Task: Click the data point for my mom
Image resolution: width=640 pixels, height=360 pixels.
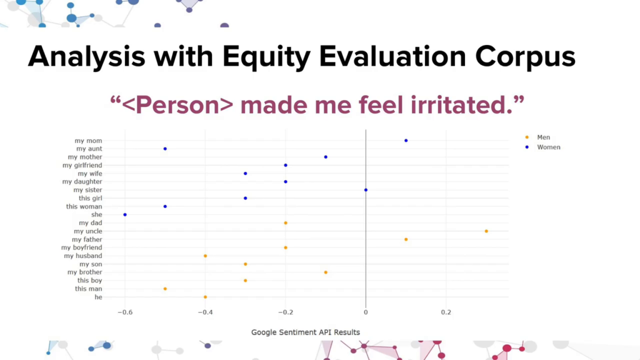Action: (x=406, y=141)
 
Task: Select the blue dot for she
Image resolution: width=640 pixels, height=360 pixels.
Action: (x=125, y=215)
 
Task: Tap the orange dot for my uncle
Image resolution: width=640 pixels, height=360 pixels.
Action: (x=486, y=231)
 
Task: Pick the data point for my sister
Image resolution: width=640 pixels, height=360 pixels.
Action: (x=366, y=190)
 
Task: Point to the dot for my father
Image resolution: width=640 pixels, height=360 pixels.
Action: (x=406, y=239)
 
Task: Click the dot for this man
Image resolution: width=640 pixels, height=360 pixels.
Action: (x=165, y=289)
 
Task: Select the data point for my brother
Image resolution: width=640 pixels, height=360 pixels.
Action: (x=326, y=272)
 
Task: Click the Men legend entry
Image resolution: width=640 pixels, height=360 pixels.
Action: (x=538, y=137)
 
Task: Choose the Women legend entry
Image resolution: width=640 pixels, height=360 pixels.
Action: (x=543, y=147)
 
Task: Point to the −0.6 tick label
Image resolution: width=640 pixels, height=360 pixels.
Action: (x=125, y=312)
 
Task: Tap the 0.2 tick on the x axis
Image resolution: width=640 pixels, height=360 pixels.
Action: (x=446, y=312)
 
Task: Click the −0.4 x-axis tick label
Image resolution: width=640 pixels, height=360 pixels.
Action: (x=205, y=312)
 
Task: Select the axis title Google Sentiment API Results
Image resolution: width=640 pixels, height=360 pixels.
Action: (x=305, y=332)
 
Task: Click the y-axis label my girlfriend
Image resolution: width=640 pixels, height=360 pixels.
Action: (x=82, y=165)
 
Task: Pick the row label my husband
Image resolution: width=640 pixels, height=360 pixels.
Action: (x=83, y=256)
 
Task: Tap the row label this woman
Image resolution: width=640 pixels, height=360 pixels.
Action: (x=84, y=206)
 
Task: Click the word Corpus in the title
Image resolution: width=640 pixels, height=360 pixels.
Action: (x=525, y=57)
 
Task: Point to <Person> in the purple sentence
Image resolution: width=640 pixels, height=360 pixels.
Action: (x=177, y=105)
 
